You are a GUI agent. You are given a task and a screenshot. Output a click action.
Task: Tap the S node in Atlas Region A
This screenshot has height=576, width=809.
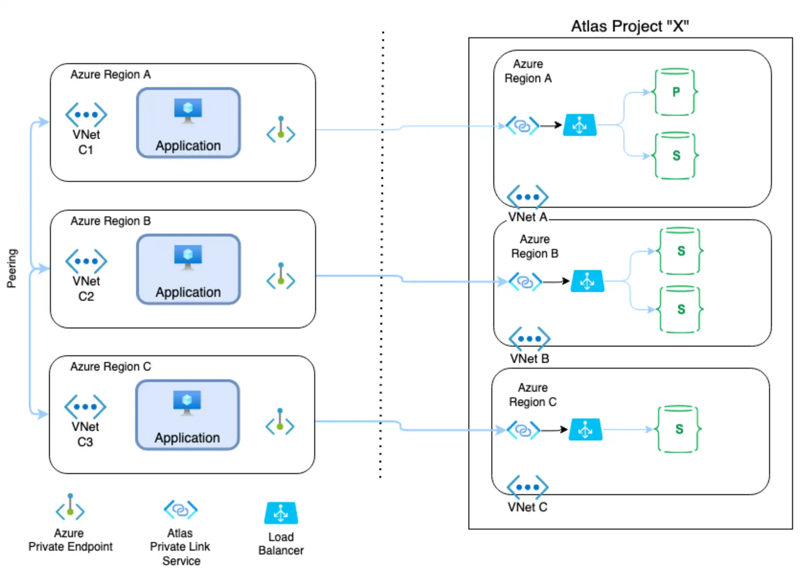pyautogui.click(x=675, y=156)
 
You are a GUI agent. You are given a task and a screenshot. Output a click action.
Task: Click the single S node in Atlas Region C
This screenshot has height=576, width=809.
pyautogui.click(x=678, y=429)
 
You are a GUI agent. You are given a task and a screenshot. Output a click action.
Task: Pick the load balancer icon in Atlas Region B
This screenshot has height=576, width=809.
pyautogui.click(x=587, y=281)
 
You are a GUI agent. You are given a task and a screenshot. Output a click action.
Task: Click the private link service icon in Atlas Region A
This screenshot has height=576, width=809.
pyautogui.click(x=522, y=126)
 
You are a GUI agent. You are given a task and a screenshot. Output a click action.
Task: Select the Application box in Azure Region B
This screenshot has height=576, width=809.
pyautogui.click(x=188, y=269)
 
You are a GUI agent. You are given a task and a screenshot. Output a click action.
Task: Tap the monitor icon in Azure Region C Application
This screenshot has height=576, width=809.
pyautogui.click(x=187, y=402)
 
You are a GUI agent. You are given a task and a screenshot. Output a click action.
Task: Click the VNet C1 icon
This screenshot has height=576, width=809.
pyautogui.click(x=86, y=115)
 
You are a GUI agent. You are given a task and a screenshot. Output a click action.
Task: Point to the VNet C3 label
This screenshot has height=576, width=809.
pyautogui.click(x=85, y=434)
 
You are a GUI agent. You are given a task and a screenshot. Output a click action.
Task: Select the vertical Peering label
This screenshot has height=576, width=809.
pyautogui.click(x=12, y=268)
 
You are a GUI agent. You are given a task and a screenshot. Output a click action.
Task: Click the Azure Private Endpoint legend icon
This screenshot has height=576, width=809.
pyautogui.click(x=70, y=506)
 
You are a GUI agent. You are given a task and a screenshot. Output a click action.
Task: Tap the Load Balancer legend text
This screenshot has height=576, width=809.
pyautogui.click(x=281, y=543)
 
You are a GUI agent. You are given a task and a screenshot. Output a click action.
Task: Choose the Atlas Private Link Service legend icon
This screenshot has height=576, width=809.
pyautogui.click(x=180, y=510)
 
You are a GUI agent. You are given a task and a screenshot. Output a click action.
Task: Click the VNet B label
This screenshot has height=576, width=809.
pyautogui.click(x=529, y=358)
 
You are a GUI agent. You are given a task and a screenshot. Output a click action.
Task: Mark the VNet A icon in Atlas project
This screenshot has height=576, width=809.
pyautogui.click(x=527, y=197)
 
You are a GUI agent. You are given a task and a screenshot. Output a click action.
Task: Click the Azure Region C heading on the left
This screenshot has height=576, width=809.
pyautogui.click(x=110, y=366)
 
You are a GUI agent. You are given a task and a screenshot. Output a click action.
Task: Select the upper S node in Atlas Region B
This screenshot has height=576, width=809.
pyautogui.click(x=680, y=251)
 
